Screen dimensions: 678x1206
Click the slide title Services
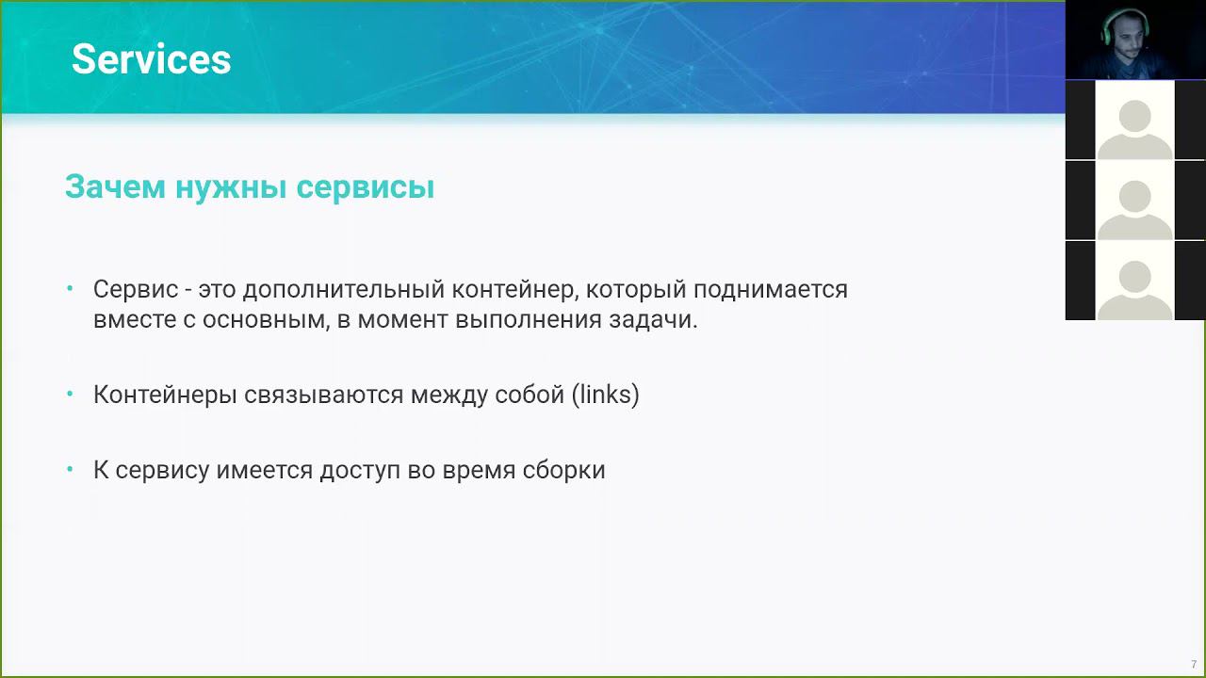click(x=151, y=59)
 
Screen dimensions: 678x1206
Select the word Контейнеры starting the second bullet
click(x=165, y=395)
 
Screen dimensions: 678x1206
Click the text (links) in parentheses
click(x=605, y=395)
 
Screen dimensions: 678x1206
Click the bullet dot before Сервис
click(x=71, y=289)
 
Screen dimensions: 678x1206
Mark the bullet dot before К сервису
click(x=71, y=469)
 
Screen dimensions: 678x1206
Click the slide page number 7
click(x=1194, y=665)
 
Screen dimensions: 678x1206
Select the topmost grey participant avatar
click(x=1135, y=120)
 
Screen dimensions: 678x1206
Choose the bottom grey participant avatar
click(x=1135, y=281)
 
